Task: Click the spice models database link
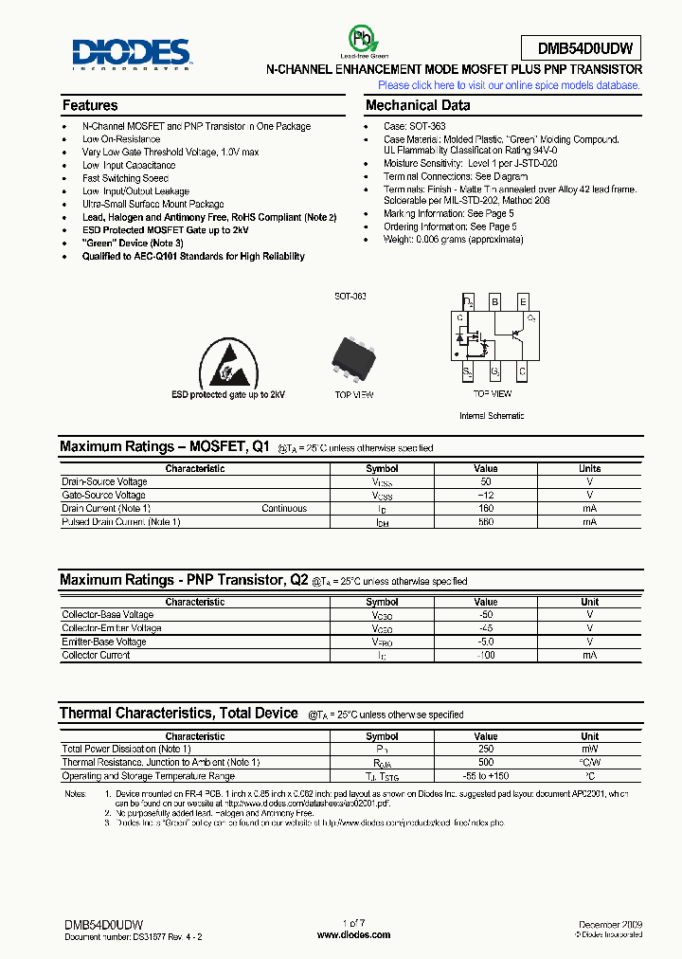pyautogui.click(x=510, y=85)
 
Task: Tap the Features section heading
pyautogui.click(x=90, y=106)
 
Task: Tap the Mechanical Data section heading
pyautogui.click(x=418, y=106)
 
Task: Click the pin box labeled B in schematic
pyautogui.click(x=494, y=302)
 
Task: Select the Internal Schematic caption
pyautogui.click(x=492, y=416)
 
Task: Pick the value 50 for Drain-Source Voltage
pyautogui.click(x=486, y=481)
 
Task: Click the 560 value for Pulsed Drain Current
pyautogui.click(x=486, y=522)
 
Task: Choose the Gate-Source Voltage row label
pyautogui.click(x=104, y=495)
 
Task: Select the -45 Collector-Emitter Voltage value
pyautogui.click(x=486, y=628)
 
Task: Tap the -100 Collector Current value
pyautogui.click(x=486, y=656)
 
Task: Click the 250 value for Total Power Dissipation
pyautogui.click(x=486, y=749)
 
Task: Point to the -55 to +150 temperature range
pyautogui.click(x=486, y=776)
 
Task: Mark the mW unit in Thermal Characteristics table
pyautogui.click(x=590, y=749)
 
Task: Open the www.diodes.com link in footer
pyautogui.click(x=353, y=935)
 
